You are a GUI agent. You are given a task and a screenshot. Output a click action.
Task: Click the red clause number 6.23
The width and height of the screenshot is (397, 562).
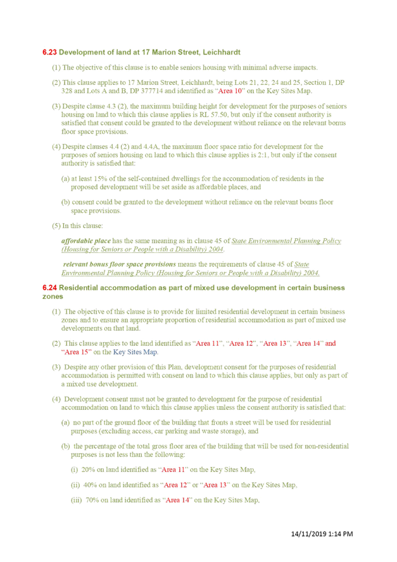pyautogui.click(x=49, y=53)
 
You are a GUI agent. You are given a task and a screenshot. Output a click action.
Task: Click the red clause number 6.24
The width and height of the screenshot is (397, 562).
pyautogui.click(x=49, y=288)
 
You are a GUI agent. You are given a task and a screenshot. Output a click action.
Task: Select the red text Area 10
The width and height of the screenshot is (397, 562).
pyautogui.click(x=230, y=91)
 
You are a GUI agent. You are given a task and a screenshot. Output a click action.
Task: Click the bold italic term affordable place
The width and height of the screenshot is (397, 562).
pyautogui.click(x=86, y=241)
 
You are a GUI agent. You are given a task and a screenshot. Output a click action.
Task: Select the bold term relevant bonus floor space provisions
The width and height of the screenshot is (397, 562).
pyautogui.click(x=120, y=264)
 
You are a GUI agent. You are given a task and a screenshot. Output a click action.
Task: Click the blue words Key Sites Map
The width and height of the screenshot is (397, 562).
pyautogui.click(x=135, y=352)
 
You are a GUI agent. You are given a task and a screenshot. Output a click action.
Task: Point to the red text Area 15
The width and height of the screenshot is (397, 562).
pyautogui.click(x=77, y=352)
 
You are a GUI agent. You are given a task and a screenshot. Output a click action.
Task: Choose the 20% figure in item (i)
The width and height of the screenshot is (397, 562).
pyautogui.click(x=88, y=469)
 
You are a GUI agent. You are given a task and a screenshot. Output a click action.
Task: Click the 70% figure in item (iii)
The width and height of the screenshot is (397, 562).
pyautogui.click(x=92, y=500)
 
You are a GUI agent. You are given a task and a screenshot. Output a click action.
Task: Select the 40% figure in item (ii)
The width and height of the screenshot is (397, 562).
pyautogui.click(x=90, y=485)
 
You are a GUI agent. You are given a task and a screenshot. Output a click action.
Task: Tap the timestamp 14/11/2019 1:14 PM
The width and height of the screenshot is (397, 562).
pyautogui.click(x=322, y=533)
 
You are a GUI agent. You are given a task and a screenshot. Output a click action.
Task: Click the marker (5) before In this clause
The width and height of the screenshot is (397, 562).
pyautogui.click(x=56, y=226)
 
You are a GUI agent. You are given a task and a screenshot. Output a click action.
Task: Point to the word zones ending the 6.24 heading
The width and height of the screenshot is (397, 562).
pyautogui.click(x=53, y=297)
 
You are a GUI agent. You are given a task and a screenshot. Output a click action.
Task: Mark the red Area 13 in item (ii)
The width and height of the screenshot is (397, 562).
pyautogui.click(x=215, y=485)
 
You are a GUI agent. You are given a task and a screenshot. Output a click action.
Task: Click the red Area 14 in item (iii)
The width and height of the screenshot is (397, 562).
pyautogui.click(x=177, y=500)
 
